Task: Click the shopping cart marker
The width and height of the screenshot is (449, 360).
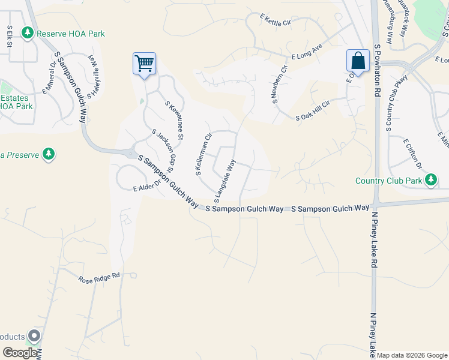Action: pyautogui.click(x=144, y=62)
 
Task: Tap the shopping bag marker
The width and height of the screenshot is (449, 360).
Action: pyautogui.click(x=358, y=61)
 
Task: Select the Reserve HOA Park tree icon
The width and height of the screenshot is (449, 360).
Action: pyautogui.click(x=28, y=32)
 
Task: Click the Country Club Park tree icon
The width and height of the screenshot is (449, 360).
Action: pyautogui.click(x=431, y=179)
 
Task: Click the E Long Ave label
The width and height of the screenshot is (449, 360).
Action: pyautogui.click(x=307, y=53)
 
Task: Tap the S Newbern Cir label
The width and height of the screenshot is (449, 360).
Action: pyautogui.click(x=280, y=83)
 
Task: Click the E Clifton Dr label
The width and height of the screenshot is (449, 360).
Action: pyautogui.click(x=413, y=154)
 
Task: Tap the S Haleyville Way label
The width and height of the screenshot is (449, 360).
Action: pyautogui.click(x=94, y=76)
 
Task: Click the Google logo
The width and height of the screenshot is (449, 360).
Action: pyautogui.click(x=20, y=353)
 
